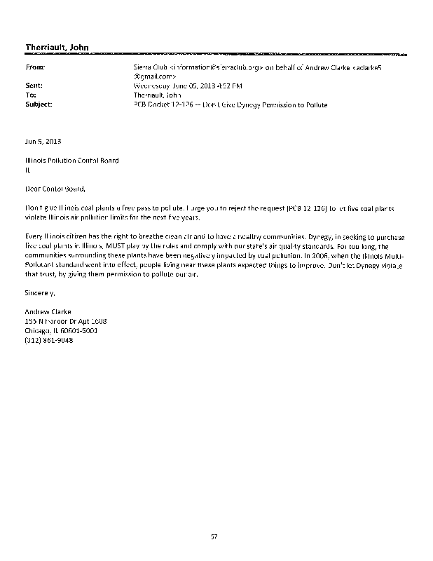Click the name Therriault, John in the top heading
pyautogui.click(x=57, y=48)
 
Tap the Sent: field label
pyautogui.click(x=33, y=86)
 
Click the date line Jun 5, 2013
pyautogui.click(x=43, y=142)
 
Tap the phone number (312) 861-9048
pyautogui.click(x=49, y=340)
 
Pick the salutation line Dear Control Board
pyautogui.click(x=55, y=188)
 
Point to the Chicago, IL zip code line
pyautogui.click(x=61, y=330)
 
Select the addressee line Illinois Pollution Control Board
pyautogui.click(x=71, y=161)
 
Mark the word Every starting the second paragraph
pyautogui.click(x=33, y=237)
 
